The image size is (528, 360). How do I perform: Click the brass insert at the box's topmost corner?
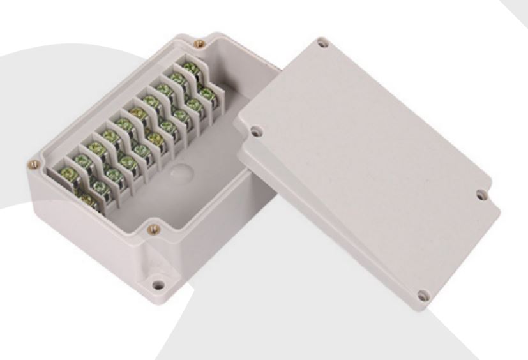tap(199, 43)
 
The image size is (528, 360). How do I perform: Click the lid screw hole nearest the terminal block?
tap(255, 133)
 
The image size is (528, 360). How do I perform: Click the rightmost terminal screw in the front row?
tap(206, 93)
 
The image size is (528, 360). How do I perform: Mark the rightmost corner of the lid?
tap(499, 211)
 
